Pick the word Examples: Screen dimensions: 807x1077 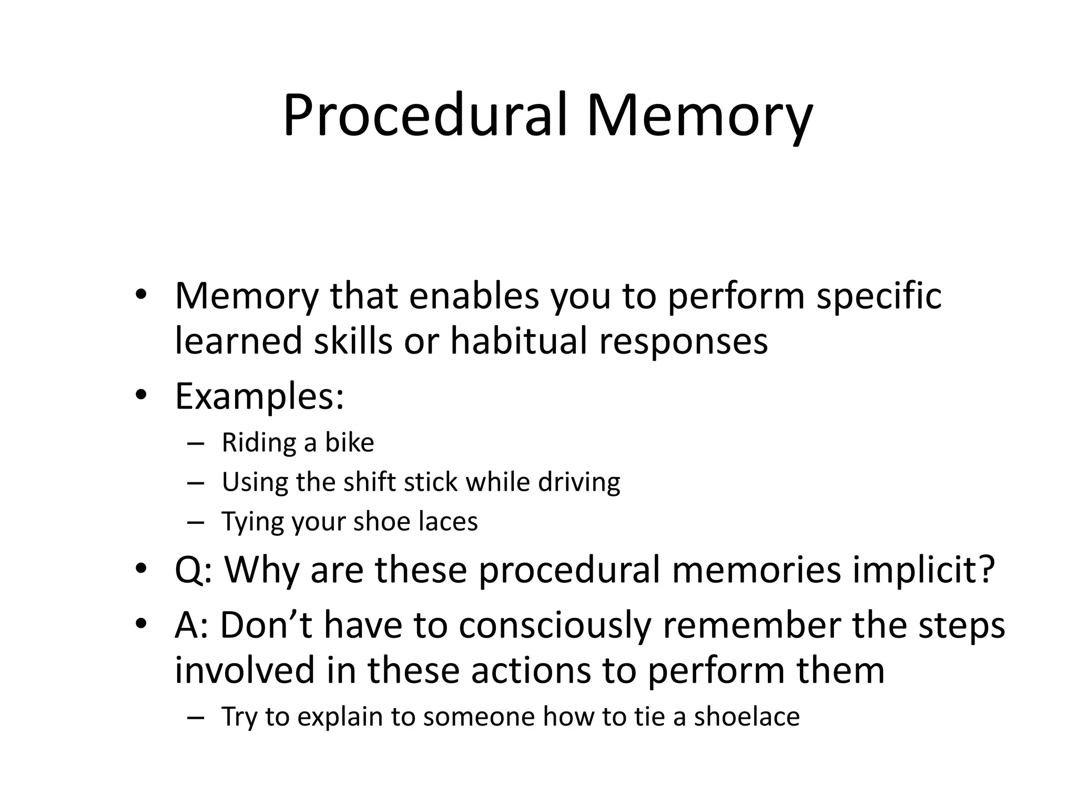coord(259,396)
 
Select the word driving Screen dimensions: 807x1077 coord(579,482)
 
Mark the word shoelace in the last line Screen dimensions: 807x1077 coord(747,717)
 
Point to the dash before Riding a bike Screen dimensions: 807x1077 coord(195,443)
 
